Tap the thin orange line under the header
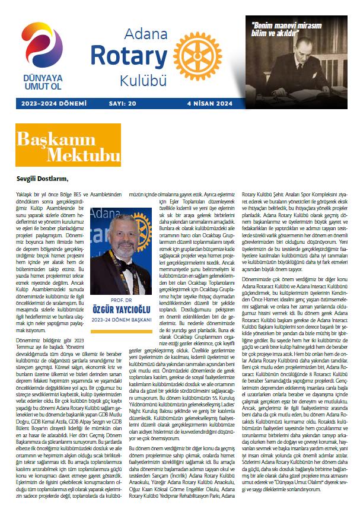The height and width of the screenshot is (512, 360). point(180,110)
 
